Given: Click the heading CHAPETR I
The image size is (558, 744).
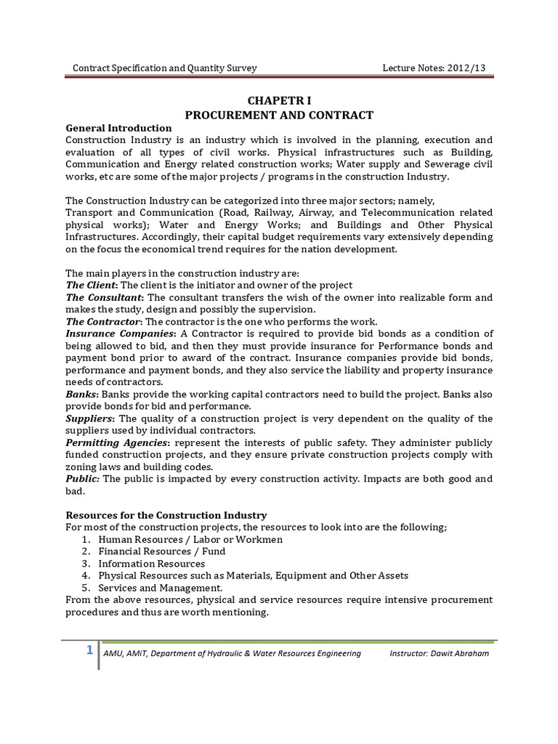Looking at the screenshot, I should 279,101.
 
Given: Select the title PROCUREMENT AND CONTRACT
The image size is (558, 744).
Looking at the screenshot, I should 279,115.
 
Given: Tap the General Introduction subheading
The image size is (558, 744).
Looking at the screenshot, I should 118,128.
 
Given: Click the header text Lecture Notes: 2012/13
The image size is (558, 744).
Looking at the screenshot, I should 434,68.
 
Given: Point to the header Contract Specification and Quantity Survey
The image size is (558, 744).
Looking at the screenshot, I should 165,68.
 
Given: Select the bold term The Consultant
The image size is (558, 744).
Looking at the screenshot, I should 104,297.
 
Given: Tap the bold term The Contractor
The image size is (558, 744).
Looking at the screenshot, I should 103,322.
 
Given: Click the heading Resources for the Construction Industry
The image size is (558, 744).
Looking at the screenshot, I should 166,515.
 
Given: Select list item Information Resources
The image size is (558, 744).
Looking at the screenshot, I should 151,563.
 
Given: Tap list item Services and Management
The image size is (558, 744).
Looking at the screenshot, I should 160,587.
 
